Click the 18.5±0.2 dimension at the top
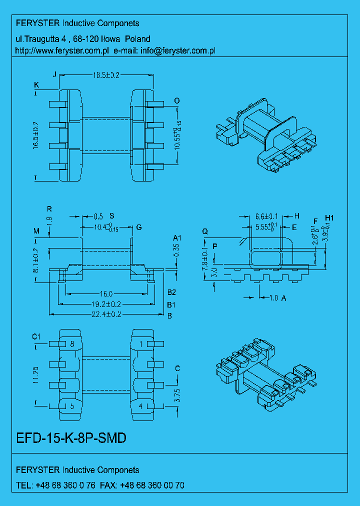point(105,75)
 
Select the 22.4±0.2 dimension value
point(105,314)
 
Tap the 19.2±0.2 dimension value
point(105,304)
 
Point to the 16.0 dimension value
point(105,294)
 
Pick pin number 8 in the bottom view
point(72,344)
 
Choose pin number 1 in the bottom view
point(141,344)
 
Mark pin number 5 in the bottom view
point(72,406)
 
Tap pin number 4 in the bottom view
point(141,406)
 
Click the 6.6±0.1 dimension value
point(266,216)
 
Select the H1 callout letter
point(329,217)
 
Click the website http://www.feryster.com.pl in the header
point(63,50)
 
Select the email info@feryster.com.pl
point(177,50)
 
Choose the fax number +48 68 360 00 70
point(152,485)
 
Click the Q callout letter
point(205,231)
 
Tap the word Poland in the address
point(137,38)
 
